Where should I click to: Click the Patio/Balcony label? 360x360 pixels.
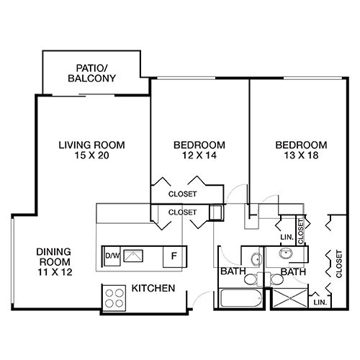click(91, 73)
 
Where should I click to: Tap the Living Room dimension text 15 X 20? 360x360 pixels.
click(92, 156)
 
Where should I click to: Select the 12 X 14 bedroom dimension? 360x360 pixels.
click(199, 156)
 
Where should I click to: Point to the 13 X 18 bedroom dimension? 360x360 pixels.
click(302, 156)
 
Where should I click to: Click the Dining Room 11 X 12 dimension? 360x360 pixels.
click(55, 272)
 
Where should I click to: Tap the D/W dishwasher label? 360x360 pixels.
click(112, 256)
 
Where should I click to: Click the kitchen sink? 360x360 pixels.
click(133, 256)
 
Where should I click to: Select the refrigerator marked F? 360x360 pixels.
click(174, 256)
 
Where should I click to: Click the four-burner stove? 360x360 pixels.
click(114, 298)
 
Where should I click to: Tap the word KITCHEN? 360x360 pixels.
click(153, 288)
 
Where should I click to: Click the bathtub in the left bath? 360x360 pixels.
click(241, 298)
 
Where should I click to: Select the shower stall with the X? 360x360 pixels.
click(290, 298)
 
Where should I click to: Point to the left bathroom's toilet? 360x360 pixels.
click(251, 279)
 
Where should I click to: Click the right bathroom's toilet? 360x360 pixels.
click(276, 279)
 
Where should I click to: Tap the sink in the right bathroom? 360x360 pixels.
click(286, 253)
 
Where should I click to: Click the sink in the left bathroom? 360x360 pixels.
click(256, 259)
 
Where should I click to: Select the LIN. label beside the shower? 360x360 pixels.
click(320, 302)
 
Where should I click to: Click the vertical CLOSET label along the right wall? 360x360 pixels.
click(338, 264)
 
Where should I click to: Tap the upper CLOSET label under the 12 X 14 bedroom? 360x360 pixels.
click(183, 194)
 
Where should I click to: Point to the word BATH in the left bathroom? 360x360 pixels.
click(233, 271)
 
